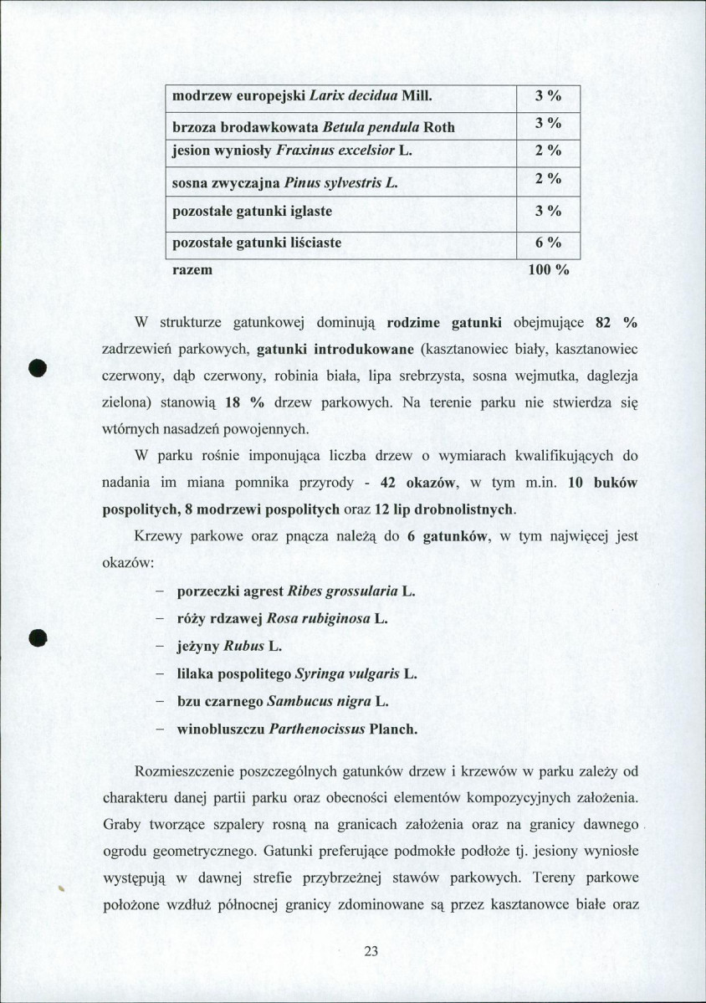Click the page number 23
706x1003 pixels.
pyautogui.click(x=372, y=950)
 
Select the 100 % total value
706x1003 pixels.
pyautogui.click(x=549, y=270)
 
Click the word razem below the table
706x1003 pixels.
pyautogui.click(x=192, y=270)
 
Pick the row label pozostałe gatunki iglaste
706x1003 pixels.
pyautogui.click(x=252, y=211)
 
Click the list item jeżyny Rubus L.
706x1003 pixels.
pyautogui.click(x=230, y=647)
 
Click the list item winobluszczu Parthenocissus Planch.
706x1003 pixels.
pyautogui.click(x=297, y=729)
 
